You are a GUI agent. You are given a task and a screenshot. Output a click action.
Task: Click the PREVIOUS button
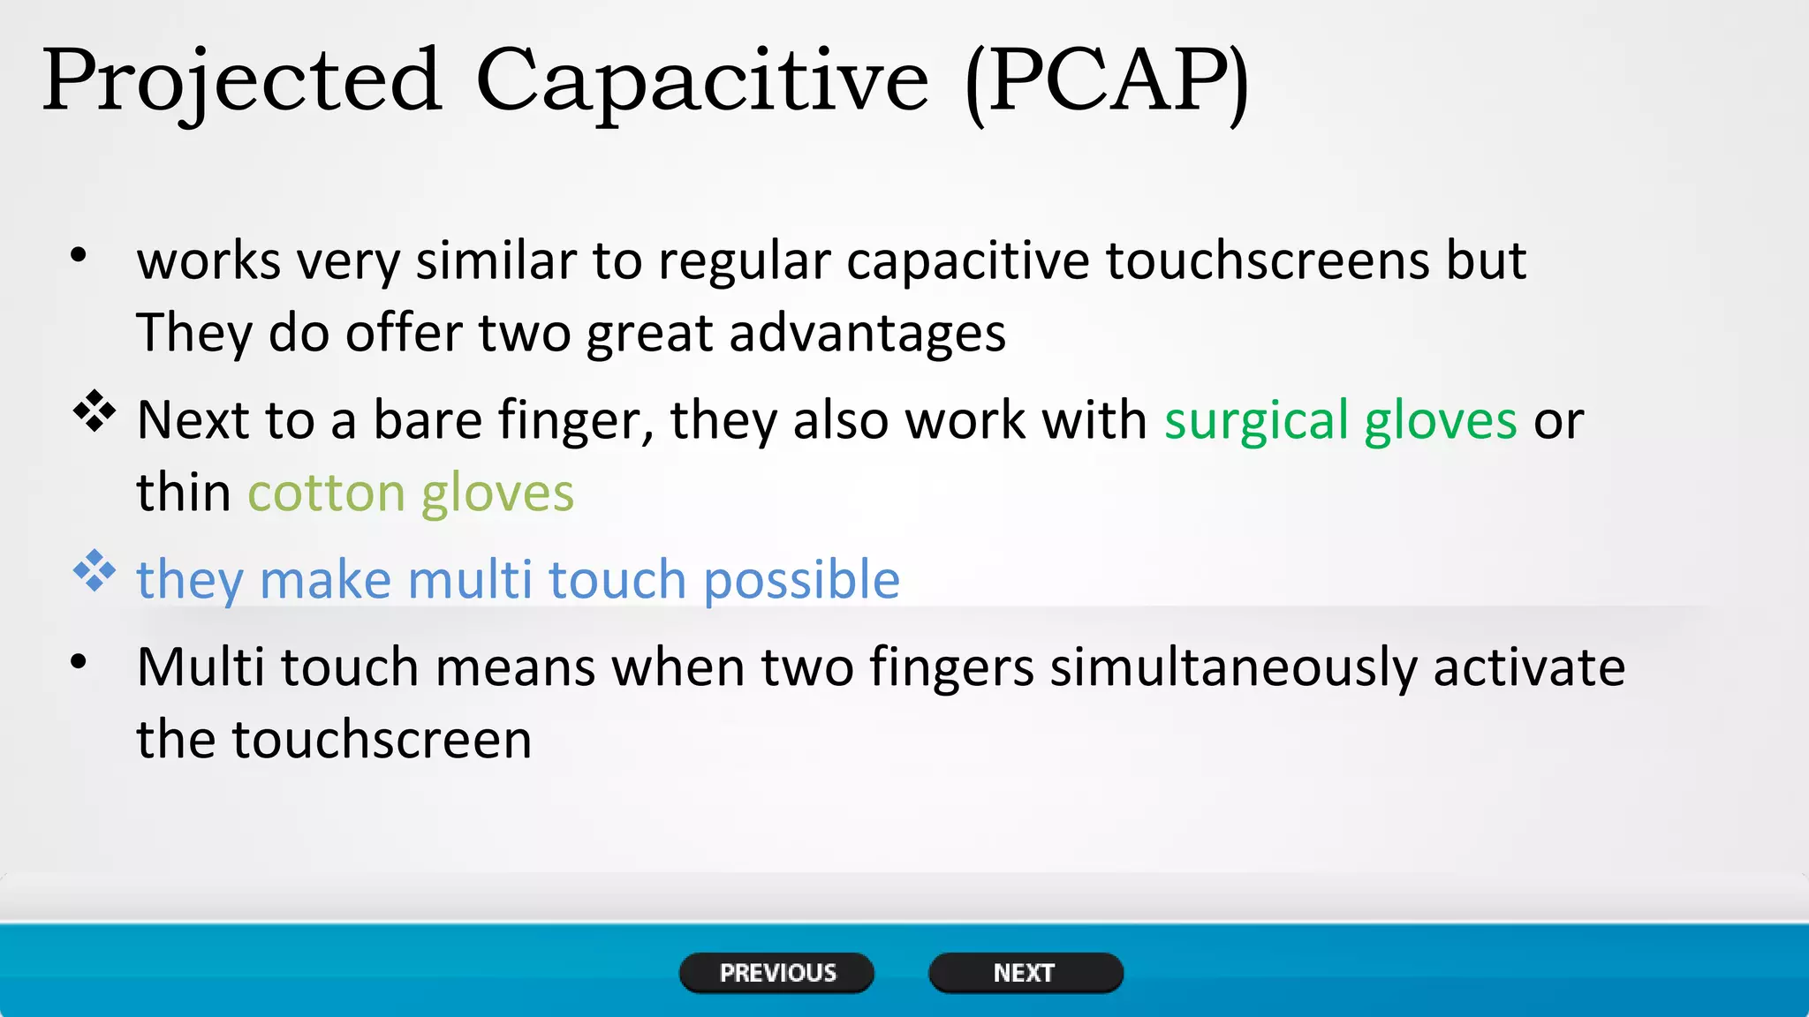(776, 973)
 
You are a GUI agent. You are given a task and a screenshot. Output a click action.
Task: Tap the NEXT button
(1025, 973)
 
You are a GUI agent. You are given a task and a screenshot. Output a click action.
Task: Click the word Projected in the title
(241, 81)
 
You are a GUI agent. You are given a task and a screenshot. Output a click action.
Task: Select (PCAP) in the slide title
(1108, 81)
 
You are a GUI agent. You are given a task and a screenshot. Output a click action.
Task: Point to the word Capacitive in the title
(702, 81)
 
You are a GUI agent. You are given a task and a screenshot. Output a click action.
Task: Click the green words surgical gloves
(1340, 420)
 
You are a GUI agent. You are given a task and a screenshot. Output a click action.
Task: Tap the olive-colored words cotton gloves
(411, 493)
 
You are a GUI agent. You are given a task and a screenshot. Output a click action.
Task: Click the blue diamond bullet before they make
(95, 571)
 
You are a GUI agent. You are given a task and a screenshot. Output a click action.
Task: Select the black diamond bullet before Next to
(95, 411)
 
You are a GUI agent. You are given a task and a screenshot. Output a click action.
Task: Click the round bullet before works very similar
(79, 256)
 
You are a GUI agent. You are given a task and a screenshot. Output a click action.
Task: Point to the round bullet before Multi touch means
(79, 661)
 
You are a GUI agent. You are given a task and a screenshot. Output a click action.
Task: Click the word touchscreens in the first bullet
(1267, 261)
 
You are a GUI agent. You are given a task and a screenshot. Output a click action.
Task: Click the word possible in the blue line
(801, 581)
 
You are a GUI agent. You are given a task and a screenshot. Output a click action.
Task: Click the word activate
(1528, 668)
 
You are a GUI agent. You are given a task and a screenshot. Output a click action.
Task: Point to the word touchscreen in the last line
(382, 740)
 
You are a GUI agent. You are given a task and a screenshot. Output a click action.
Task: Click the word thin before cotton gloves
(184, 493)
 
